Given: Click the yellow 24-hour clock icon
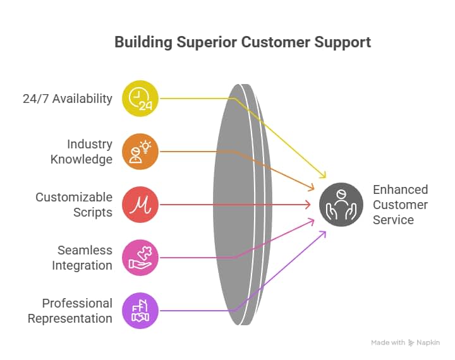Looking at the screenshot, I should tap(140, 99).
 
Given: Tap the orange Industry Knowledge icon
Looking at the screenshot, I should tap(140, 152).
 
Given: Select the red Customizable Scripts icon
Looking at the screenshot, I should tap(140, 205).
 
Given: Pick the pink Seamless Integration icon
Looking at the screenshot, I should tap(140, 258).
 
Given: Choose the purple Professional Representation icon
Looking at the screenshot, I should tap(140, 311).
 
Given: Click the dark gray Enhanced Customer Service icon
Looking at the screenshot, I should tap(341, 205).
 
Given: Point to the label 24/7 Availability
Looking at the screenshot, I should tap(67, 99).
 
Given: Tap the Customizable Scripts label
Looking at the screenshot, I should tap(74, 205).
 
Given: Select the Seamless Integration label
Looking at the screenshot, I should tap(82, 258).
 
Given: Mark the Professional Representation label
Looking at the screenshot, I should tap(70, 311).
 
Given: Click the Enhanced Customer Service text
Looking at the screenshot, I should tap(400, 205).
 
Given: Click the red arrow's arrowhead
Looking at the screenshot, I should tap(309, 205).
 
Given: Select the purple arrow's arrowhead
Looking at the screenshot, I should tap(324, 233).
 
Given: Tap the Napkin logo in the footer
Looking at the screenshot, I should tap(424, 342).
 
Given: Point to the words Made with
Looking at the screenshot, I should tap(388, 342).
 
